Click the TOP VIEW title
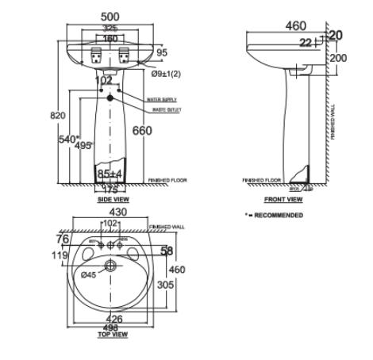pyautogui.click(x=113, y=335)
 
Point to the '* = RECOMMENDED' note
pyautogui.click(x=273, y=215)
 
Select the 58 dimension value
pyautogui.click(x=167, y=251)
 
